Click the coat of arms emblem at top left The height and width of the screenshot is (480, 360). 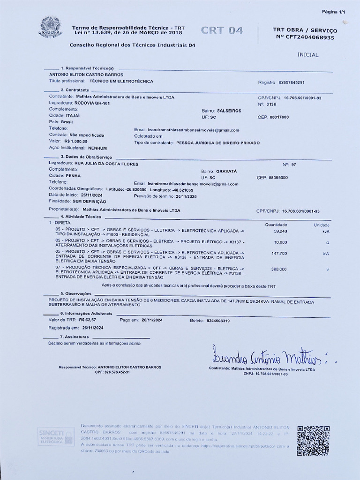pyautogui.click(x=50, y=27)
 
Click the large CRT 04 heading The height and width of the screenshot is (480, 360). pyautogui.click(x=222, y=31)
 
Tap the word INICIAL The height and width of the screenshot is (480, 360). pyautogui.click(x=307, y=55)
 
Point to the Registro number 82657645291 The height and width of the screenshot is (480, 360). pyautogui.click(x=291, y=82)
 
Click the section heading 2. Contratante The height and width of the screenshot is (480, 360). pyautogui.click(x=75, y=90)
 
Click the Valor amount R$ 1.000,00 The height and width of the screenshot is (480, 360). pyautogui.click(x=76, y=141)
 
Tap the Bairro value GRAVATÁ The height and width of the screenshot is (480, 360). pyautogui.click(x=226, y=172)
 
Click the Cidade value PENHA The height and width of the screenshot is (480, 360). pyautogui.click(x=73, y=176)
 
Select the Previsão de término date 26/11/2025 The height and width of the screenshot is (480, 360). pyautogui.click(x=186, y=196)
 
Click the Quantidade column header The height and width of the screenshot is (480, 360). pyautogui.click(x=276, y=225)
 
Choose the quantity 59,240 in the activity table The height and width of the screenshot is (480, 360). pyautogui.click(x=280, y=232)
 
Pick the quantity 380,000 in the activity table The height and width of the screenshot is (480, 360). pyautogui.click(x=279, y=270)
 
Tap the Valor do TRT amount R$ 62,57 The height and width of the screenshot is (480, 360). pyautogui.click(x=88, y=319)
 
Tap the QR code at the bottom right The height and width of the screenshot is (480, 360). pyautogui.click(x=313, y=441)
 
